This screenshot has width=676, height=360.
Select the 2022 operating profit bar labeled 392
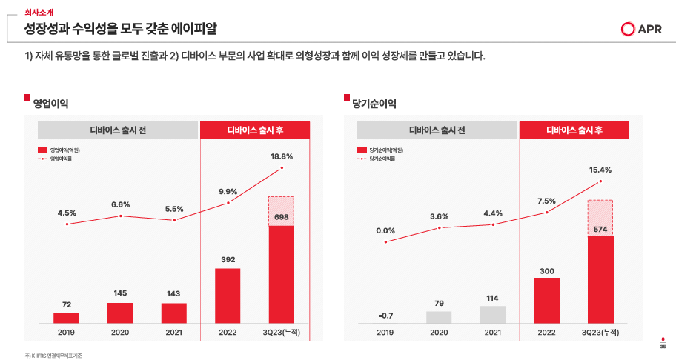[x=228, y=296]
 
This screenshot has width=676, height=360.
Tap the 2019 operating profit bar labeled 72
[x=66, y=318]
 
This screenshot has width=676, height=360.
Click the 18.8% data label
[x=282, y=156]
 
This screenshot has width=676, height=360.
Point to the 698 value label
[x=281, y=217]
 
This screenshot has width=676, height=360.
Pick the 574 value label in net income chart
[x=600, y=230]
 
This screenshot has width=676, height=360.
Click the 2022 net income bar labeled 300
[x=546, y=300]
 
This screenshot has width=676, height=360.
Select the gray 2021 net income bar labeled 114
[x=493, y=314]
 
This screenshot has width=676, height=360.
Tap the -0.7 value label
[x=385, y=316]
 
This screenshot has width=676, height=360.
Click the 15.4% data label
[x=600, y=170]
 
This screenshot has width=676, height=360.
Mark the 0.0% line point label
[x=385, y=230]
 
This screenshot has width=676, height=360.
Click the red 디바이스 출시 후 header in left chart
[x=254, y=130]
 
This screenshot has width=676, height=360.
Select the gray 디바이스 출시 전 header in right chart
[x=437, y=130]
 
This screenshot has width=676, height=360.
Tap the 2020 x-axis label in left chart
[x=120, y=333]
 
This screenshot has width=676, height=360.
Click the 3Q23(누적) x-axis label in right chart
[x=600, y=333]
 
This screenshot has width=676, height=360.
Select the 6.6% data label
[x=120, y=204]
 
